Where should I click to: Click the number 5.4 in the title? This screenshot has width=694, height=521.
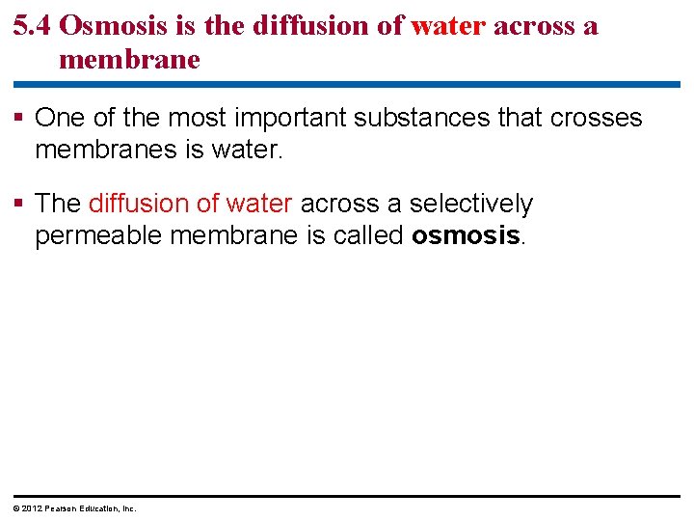[x=33, y=26]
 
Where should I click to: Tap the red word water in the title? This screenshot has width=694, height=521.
[x=447, y=26]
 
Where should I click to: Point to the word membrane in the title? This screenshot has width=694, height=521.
[x=129, y=60]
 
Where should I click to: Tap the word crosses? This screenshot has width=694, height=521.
[x=596, y=118]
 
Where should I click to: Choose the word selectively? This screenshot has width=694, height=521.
[x=470, y=204]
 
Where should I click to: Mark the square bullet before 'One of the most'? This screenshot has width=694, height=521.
[x=21, y=119]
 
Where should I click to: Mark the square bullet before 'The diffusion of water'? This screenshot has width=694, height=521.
[x=21, y=205]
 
